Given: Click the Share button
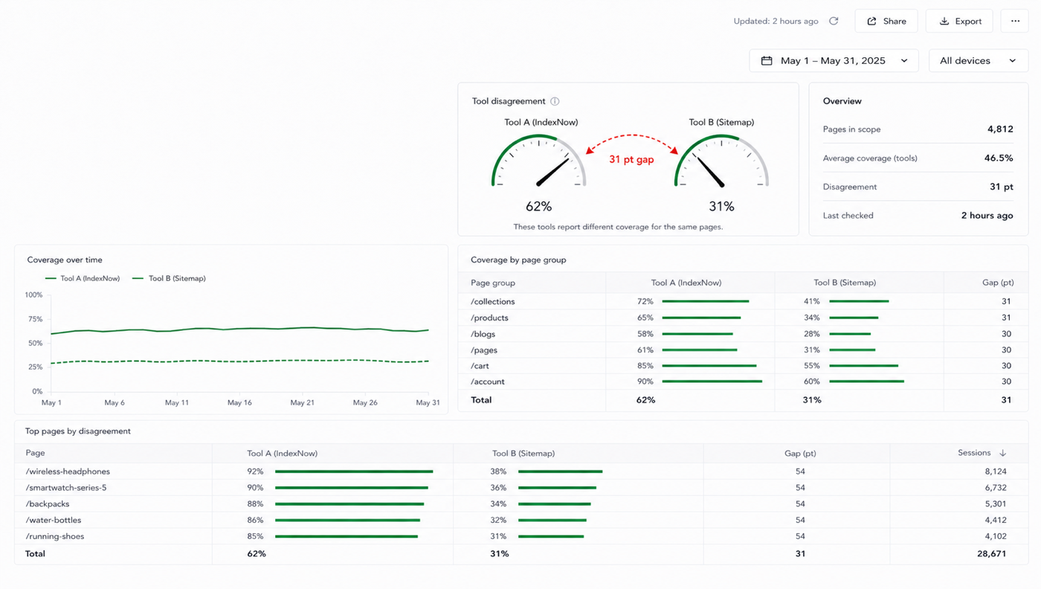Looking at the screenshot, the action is coord(886,21).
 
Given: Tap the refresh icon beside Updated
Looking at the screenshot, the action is coord(834,21).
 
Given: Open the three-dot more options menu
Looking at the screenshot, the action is coord(1015,21).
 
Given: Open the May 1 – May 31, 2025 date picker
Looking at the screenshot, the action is coord(834,60).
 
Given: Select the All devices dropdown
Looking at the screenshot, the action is coord(979,60).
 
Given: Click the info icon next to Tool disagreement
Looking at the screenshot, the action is coord(555,101).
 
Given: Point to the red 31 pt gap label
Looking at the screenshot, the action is coord(631,159).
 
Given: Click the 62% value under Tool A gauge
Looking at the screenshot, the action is coord(538,207).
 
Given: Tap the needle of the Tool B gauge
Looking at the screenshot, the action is coord(709,171).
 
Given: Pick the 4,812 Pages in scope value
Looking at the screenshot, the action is coord(1000,129).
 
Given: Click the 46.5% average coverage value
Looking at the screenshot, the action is coord(998,158).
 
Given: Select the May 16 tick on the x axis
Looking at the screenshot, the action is coord(239,402).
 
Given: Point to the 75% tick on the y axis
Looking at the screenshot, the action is coord(36,319).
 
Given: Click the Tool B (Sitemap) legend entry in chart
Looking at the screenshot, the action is coord(170,278).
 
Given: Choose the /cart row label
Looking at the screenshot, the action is coord(480,366).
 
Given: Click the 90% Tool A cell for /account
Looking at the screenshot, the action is coord(645,382).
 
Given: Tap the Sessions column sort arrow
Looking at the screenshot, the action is coord(1003,453).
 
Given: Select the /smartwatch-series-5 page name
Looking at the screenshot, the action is coord(66,488).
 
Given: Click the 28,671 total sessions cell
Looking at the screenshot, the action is coord(992,553).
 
